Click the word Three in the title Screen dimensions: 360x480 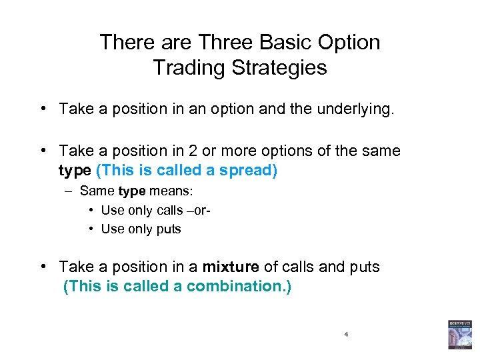[217, 43]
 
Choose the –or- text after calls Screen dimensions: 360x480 [201, 210]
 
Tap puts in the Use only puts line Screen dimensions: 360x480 [167, 229]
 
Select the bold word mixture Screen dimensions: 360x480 [231, 267]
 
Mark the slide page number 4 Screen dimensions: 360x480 [347, 333]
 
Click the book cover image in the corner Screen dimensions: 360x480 [459, 334]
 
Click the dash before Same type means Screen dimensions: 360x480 [69, 191]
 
